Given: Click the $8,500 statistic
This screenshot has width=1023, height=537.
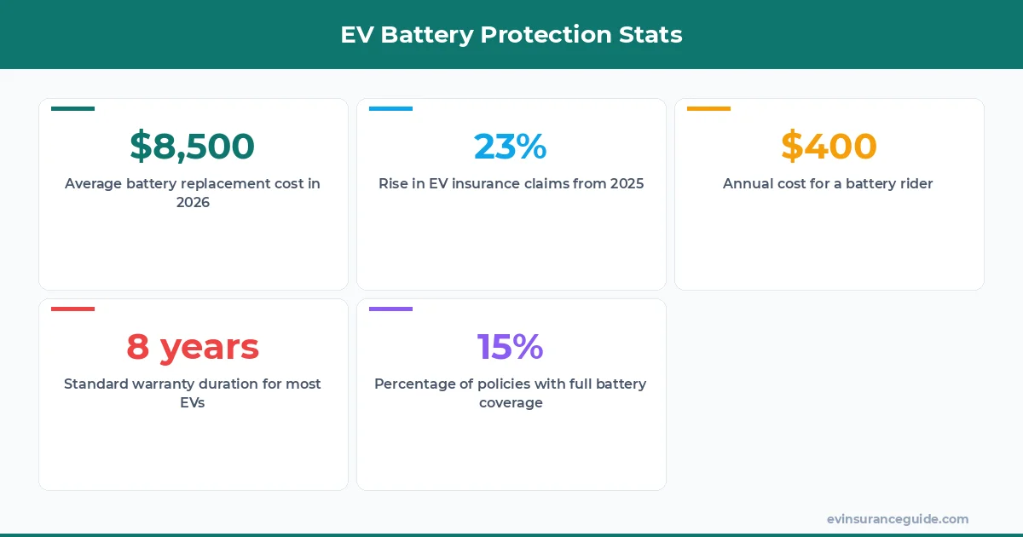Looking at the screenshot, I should (x=192, y=147).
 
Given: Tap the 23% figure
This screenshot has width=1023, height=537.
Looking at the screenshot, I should (x=510, y=147).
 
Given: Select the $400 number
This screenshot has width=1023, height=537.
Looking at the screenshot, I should (x=829, y=147).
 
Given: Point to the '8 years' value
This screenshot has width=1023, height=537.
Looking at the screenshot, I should (x=193, y=347).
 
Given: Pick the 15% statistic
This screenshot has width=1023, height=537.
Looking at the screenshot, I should (x=510, y=347).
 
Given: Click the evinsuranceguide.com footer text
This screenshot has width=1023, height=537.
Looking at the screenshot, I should (x=898, y=519).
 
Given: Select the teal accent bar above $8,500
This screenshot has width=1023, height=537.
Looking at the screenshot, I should (x=73, y=108).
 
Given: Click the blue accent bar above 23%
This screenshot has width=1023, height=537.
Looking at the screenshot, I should (x=390, y=108).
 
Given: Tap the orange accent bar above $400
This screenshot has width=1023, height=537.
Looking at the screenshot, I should (x=708, y=108).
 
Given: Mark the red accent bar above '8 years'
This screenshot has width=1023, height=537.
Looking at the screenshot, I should (x=73, y=309).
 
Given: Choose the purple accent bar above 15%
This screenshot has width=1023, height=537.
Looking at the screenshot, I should (x=390, y=309).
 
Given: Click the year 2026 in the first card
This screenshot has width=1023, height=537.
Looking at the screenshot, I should (x=193, y=203).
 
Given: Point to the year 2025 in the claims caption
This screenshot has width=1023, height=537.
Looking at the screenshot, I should (x=627, y=183).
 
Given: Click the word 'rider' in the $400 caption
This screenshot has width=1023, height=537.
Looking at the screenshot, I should (x=915, y=183).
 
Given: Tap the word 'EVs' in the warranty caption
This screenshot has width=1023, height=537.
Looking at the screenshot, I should (x=193, y=403).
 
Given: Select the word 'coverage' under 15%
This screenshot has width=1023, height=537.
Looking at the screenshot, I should (x=511, y=403).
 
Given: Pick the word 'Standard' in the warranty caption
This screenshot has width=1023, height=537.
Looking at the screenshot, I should (x=96, y=384).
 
